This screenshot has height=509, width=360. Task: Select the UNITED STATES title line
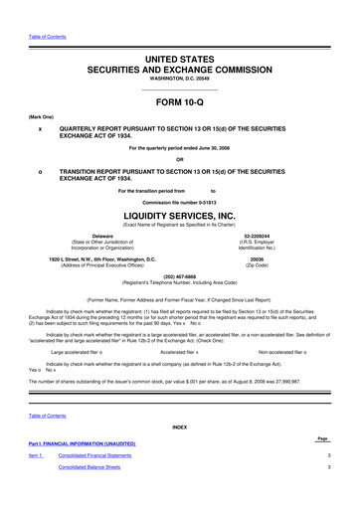click(x=179, y=60)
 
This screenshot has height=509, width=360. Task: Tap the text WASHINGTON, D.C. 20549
click(x=179, y=80)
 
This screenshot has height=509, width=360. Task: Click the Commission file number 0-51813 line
click(x=179, y=202)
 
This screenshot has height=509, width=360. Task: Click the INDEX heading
click(x=179, y=426)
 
